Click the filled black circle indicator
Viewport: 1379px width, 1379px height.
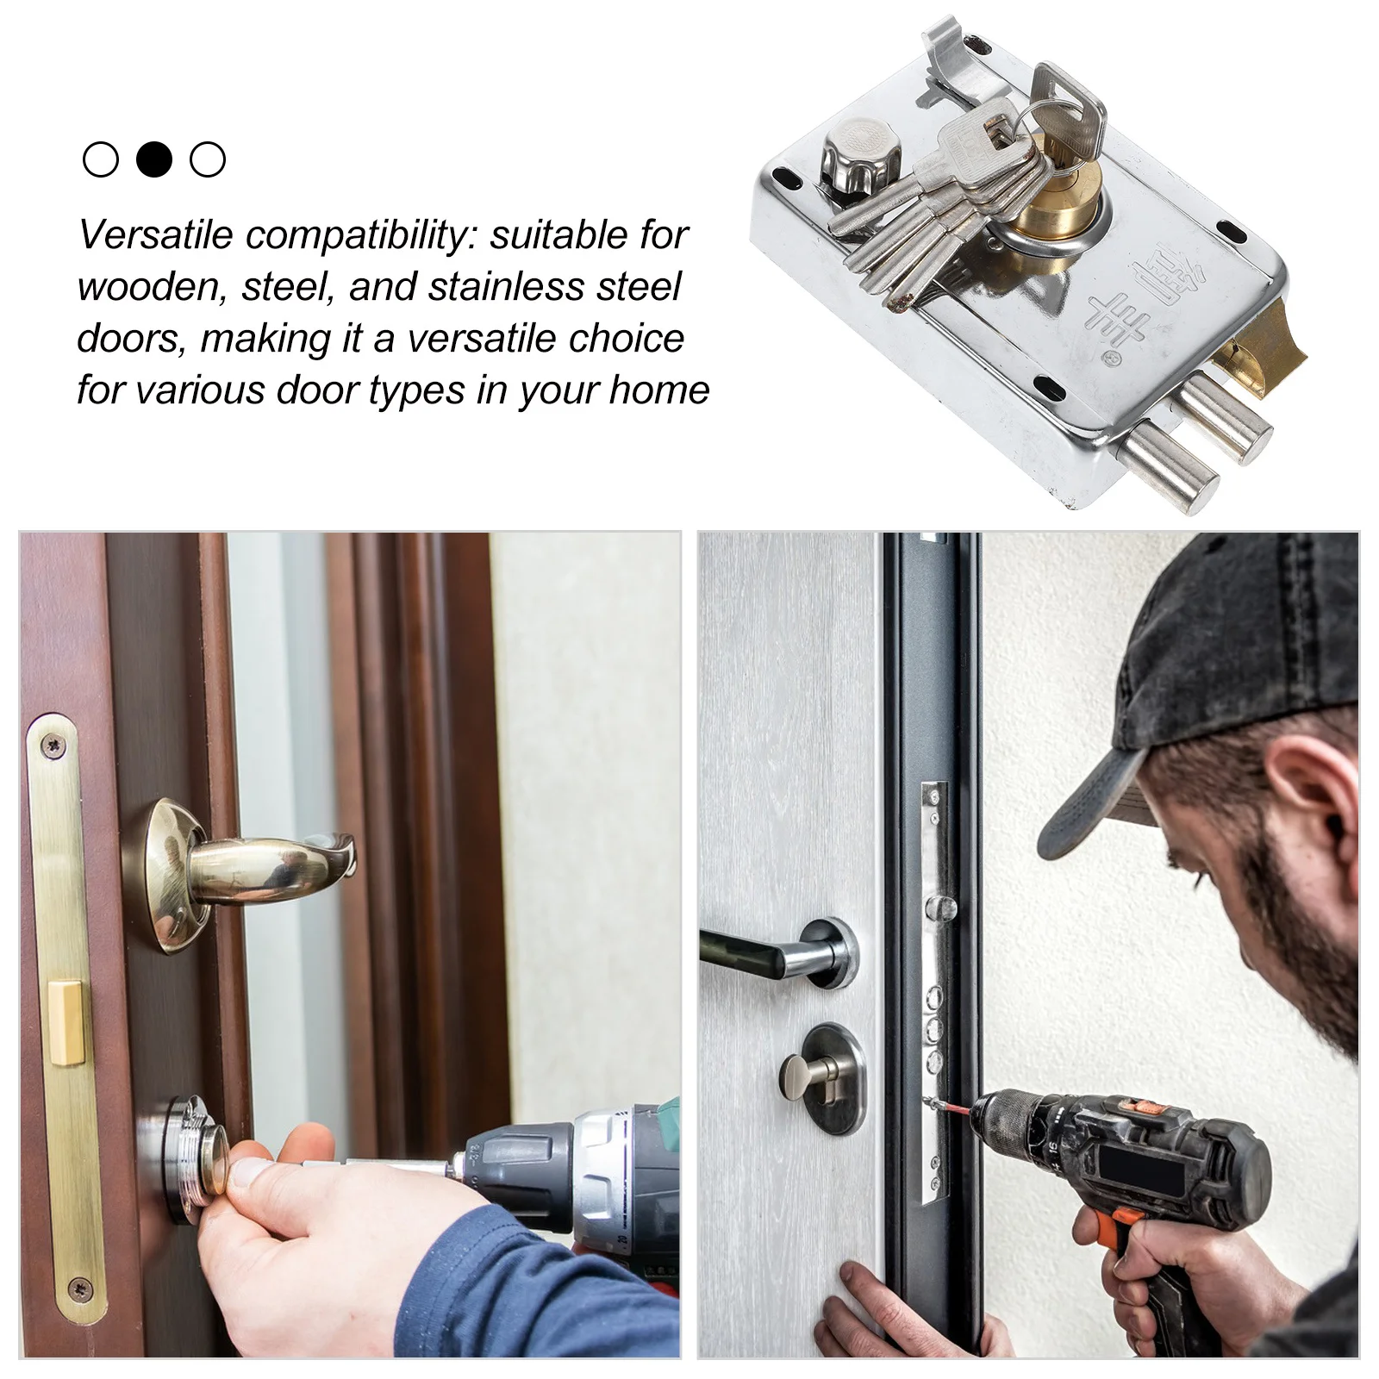pyautogui.click(x=154, y=159)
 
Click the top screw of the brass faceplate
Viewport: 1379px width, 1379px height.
pyautogui.click(x=57, y=743)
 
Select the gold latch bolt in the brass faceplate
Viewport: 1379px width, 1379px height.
pyautogui.click(x=67, y=1032)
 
